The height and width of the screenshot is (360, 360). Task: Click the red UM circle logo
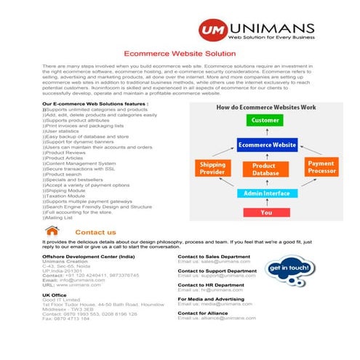215,30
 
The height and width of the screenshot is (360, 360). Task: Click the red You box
266,212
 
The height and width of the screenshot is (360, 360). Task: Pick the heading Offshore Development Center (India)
88,257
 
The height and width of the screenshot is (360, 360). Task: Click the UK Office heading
55,295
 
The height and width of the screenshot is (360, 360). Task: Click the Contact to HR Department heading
211,285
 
